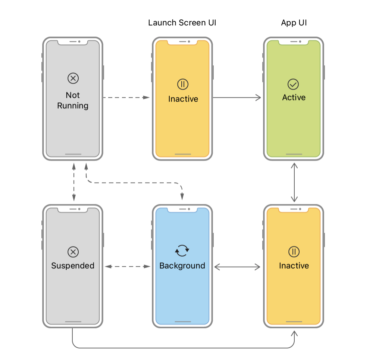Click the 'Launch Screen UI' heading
click(x=182, y=23)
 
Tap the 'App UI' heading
click(x=294, y=23)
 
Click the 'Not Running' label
click(x=73, y=100)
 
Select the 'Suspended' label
click(x=73, y=266)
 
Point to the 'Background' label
click(x=182, y=266)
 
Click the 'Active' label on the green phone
click(x=294, y=97)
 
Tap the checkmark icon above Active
click(x=294, y=84)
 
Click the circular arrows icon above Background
click(x=182, y=251)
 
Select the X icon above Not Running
click(x=73, y=78)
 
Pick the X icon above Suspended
click(x=73, y=252)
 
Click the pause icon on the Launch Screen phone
click(x=183, y=84)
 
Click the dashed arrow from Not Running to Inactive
click(x=126, y=97)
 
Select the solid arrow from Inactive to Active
click(x=237, y=97)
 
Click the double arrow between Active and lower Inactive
click(x=294, y=182)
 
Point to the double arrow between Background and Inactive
click(x=238, y=267)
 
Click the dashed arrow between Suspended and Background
click(x=127, y=267)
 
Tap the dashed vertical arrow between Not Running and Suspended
click(x=74, y=182)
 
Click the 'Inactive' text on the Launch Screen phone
click(x=183, y=99)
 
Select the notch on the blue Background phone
click(x=182, y=210)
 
